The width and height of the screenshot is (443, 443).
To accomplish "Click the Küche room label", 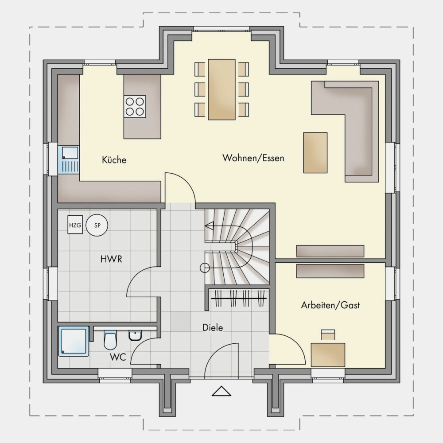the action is (114, 160).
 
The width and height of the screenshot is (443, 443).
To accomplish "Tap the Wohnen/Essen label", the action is (253, 158).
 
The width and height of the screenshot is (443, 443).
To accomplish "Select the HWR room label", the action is (111, 259).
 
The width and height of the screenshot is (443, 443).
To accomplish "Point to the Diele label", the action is (213, 328).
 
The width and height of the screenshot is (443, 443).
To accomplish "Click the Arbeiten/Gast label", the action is (330, 305).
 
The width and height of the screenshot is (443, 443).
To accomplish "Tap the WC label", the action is (118, 357).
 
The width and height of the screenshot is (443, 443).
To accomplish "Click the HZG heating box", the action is (75, 225).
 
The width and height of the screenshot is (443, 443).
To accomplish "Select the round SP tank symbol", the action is (97, 225).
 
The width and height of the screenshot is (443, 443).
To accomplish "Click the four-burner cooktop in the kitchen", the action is (135, 106).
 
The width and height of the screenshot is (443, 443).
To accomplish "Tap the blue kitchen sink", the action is (69, 160).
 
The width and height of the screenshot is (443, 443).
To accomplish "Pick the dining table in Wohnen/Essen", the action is (222, 89).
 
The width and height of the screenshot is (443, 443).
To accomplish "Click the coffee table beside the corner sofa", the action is (315, 152).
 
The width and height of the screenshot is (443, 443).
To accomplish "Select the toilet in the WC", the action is (109, 340).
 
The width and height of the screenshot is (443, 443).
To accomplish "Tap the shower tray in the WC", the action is (74, 341).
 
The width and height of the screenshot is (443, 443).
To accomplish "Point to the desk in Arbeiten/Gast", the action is (328, 355).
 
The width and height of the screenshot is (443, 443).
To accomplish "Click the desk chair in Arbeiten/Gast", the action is (328, 334).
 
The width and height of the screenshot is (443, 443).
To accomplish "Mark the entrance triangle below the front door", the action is (221, 391).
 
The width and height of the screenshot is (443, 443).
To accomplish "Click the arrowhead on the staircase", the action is (209, 226).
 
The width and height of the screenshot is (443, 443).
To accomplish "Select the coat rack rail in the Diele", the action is (239, 298).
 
